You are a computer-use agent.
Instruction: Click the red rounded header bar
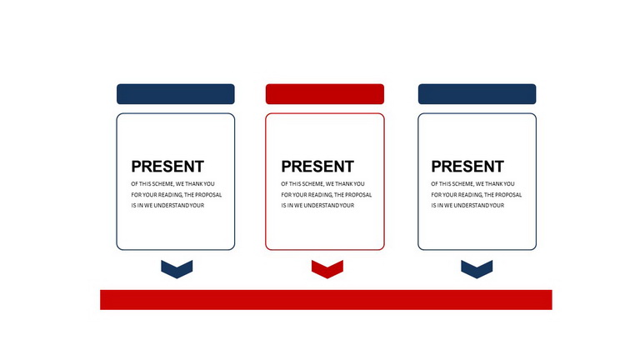tap(324, 94)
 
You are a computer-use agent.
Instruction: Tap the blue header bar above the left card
tap(176, 94)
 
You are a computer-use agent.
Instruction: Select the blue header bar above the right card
tap(477, 94)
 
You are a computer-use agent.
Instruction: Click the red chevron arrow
tap(327, 269)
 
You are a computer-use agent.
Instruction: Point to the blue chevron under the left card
tap(177, 269)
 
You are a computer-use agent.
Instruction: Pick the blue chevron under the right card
tap(477, 269)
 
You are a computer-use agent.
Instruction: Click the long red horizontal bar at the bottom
tap(326, 300)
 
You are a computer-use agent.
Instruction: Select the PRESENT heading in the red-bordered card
tap(317, 167)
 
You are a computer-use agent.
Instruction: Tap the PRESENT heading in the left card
tap(167, 167)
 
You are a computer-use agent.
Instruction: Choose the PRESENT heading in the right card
tap(467, 167)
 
